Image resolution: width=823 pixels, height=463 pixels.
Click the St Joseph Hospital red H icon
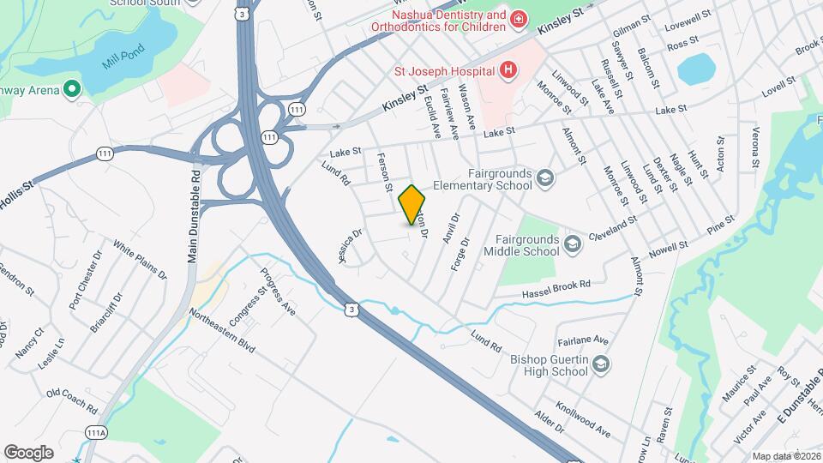pos(508,69)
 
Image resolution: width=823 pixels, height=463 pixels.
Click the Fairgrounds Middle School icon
pos(572,246)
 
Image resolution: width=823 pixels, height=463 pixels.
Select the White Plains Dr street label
pos(140,263)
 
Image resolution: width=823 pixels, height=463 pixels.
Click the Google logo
pos(28,452)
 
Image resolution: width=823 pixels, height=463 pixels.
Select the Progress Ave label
pos(278,292)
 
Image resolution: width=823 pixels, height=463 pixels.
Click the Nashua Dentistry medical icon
pos(519,20)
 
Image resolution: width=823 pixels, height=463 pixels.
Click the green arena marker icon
pos(72,89)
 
